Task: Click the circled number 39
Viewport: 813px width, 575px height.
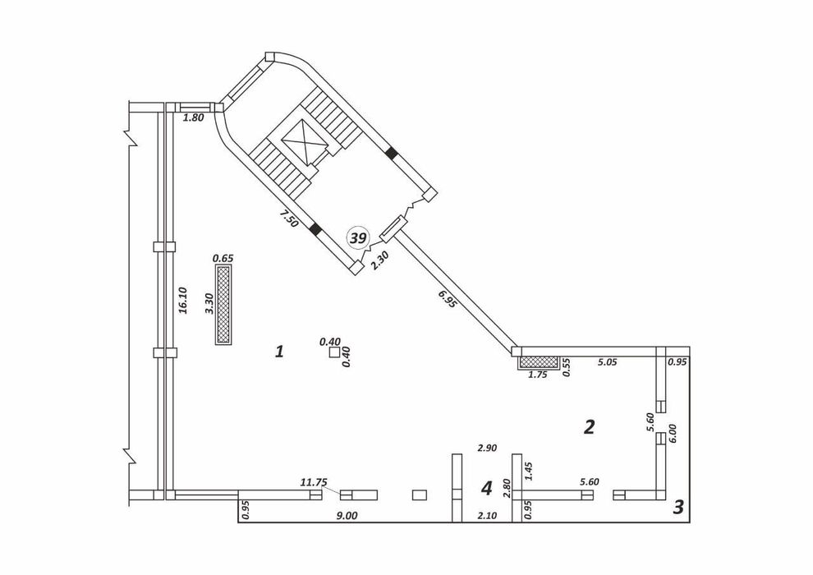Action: point(358,238)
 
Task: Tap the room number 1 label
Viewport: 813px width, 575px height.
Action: point(279,352)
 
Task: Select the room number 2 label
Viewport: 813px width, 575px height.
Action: point(589,426)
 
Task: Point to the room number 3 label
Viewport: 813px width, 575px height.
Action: point(678,507)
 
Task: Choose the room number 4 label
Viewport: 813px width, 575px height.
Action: point(486,488)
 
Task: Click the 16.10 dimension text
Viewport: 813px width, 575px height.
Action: point(182,301)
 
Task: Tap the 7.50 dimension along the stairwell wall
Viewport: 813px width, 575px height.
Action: point(288,218)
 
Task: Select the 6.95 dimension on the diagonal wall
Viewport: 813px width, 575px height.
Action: point(448,299)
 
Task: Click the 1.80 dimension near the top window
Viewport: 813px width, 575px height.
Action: point(194,117)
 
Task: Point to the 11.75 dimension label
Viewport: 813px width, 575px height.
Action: point(314,481)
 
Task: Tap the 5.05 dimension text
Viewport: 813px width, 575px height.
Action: point(607,362)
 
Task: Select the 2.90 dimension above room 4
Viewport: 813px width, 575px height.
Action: point(487,448)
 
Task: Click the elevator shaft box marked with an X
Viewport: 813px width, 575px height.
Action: point(306,141)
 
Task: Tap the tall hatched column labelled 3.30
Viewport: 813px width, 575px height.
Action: point(223,305)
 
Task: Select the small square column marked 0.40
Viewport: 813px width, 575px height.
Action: point(334,352)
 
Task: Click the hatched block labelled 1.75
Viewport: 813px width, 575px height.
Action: point(539,362)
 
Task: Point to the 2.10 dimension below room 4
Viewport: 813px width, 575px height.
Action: point(487,515)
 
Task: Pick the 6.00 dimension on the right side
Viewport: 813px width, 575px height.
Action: point(673,433)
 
